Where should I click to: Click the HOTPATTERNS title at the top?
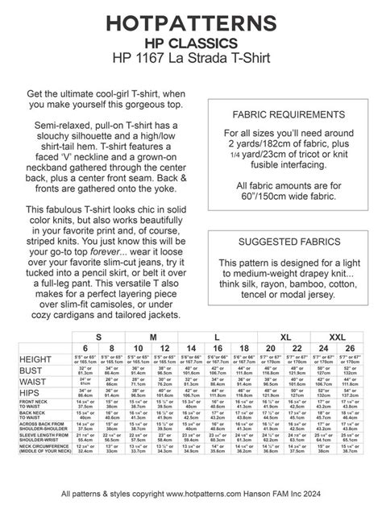(x=191, y=21)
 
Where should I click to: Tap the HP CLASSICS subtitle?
(x=191, y=41)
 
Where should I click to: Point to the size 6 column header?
(x=83, y=347)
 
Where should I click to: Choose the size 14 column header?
(x=189, y=347)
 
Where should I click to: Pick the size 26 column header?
(x=350, y=347)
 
